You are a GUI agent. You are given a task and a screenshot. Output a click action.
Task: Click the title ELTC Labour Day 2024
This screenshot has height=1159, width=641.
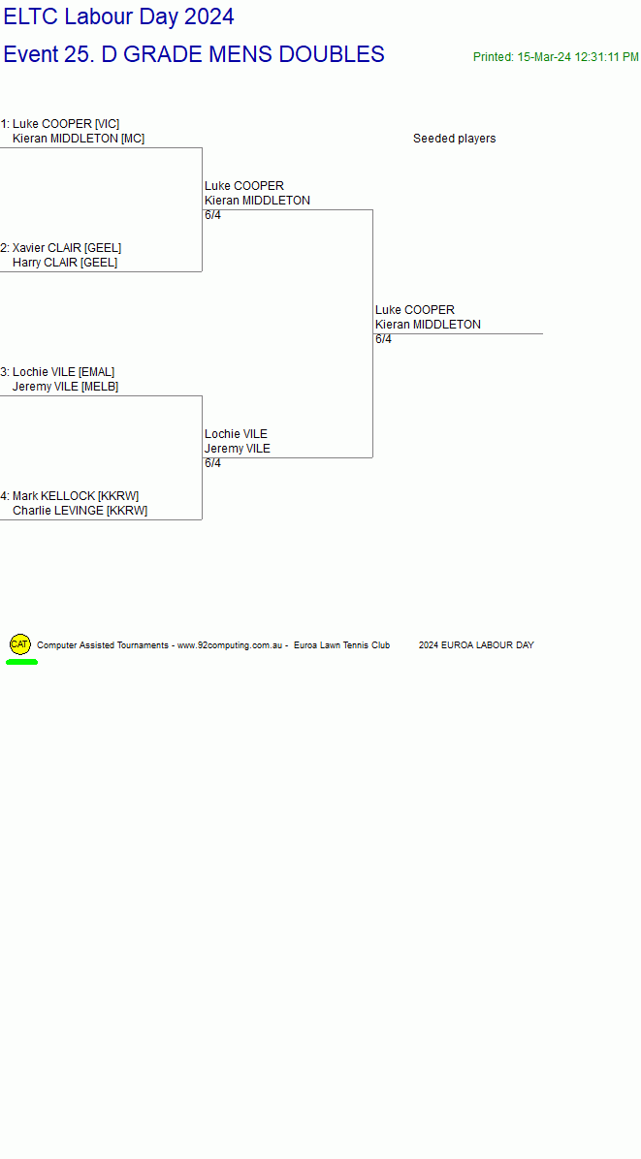tap(119, 16)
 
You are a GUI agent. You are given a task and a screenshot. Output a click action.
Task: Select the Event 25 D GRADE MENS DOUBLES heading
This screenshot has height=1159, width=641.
tap(194, 54)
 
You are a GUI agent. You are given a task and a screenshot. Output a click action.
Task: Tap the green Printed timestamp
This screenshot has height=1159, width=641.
tap(556, 57)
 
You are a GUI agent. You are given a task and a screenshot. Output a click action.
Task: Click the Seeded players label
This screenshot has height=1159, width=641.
tap(454, 139)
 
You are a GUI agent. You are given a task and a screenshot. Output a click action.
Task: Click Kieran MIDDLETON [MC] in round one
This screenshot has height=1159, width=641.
tap(79, 139)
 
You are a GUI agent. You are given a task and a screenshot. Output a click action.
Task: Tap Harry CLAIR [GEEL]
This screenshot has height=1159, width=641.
tap(65, 263)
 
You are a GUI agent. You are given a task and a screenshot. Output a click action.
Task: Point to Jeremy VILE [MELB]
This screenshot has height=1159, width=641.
tap(65, 387)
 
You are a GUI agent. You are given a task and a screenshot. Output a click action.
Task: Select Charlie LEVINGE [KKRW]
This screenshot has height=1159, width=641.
tap(80, 511)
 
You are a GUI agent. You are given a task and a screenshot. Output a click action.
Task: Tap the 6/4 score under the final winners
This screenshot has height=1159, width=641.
tap(383, 339)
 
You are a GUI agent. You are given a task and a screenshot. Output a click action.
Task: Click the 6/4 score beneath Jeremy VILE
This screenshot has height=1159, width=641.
tap(213, 463)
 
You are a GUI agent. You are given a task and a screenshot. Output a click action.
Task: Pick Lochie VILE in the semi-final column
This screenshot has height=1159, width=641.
tap(236, 434)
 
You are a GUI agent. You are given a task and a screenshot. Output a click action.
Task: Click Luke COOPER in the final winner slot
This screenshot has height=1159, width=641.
tap(415, 310)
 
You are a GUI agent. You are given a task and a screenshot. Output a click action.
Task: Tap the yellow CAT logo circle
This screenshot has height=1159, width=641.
tap(20, 644)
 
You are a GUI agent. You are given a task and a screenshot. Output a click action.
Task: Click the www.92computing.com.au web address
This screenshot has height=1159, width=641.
tap(231, 645)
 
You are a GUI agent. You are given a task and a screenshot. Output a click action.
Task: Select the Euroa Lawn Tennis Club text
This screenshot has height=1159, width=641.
tap(341, 645)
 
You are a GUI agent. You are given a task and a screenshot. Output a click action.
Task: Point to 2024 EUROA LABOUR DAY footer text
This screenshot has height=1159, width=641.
tap(476, 645)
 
